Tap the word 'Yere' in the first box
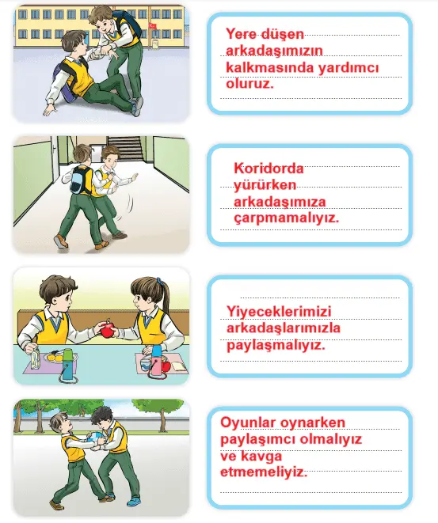coord(243,34)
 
